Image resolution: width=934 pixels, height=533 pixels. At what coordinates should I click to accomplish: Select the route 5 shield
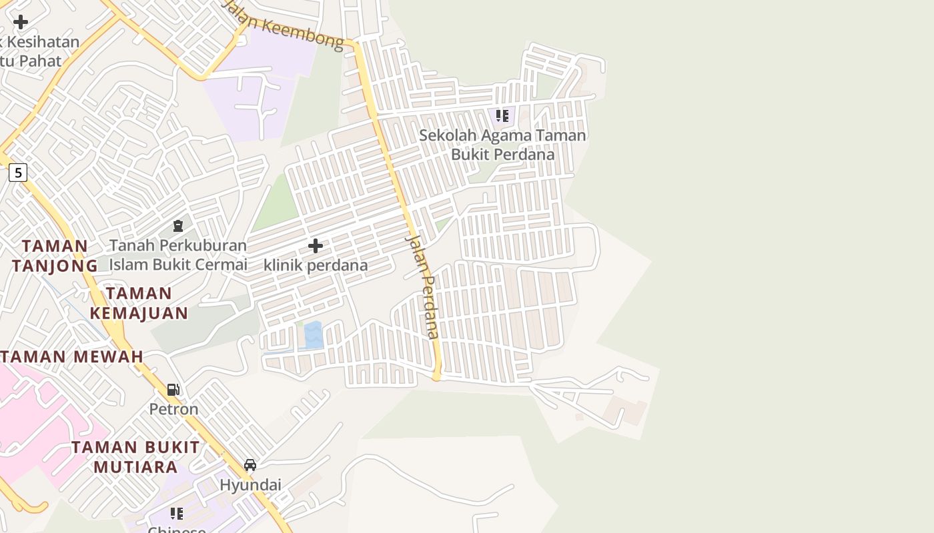[18, 173]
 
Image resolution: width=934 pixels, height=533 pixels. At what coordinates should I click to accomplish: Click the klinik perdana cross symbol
[316, 247]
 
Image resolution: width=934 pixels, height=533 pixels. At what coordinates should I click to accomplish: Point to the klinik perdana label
[316, 265]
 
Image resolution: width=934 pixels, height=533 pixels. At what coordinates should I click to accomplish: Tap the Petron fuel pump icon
[173, 390]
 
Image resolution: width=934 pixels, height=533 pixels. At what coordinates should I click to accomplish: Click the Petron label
[173, 408]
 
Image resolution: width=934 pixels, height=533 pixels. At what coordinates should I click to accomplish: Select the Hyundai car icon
[250, 465]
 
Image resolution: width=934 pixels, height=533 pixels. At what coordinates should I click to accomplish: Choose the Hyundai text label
[250, 484]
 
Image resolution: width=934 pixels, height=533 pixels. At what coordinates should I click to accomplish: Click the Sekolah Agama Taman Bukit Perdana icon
[502, 116]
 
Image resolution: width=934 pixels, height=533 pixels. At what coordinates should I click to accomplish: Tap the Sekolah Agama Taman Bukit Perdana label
[502, 145]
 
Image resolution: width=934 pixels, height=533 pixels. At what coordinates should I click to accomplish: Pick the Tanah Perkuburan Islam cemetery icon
[178, 227]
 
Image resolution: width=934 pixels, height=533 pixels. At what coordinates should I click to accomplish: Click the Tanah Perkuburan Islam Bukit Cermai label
[178, 255]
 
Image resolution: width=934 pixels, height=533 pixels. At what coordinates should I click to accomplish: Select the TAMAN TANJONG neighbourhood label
[55, 256]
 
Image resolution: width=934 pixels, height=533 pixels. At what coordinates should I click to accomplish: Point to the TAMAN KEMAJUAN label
[139, 303]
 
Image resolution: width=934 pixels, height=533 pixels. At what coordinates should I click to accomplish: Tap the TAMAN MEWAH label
[72, 356]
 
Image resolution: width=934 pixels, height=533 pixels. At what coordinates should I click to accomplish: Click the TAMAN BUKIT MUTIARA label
[135, 456]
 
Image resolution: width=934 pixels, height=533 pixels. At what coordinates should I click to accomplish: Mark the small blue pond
[313, 335]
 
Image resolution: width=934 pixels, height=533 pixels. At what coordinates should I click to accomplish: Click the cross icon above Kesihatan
[21, 22]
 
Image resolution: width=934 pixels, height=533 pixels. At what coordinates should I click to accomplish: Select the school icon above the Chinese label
[177, 513]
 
